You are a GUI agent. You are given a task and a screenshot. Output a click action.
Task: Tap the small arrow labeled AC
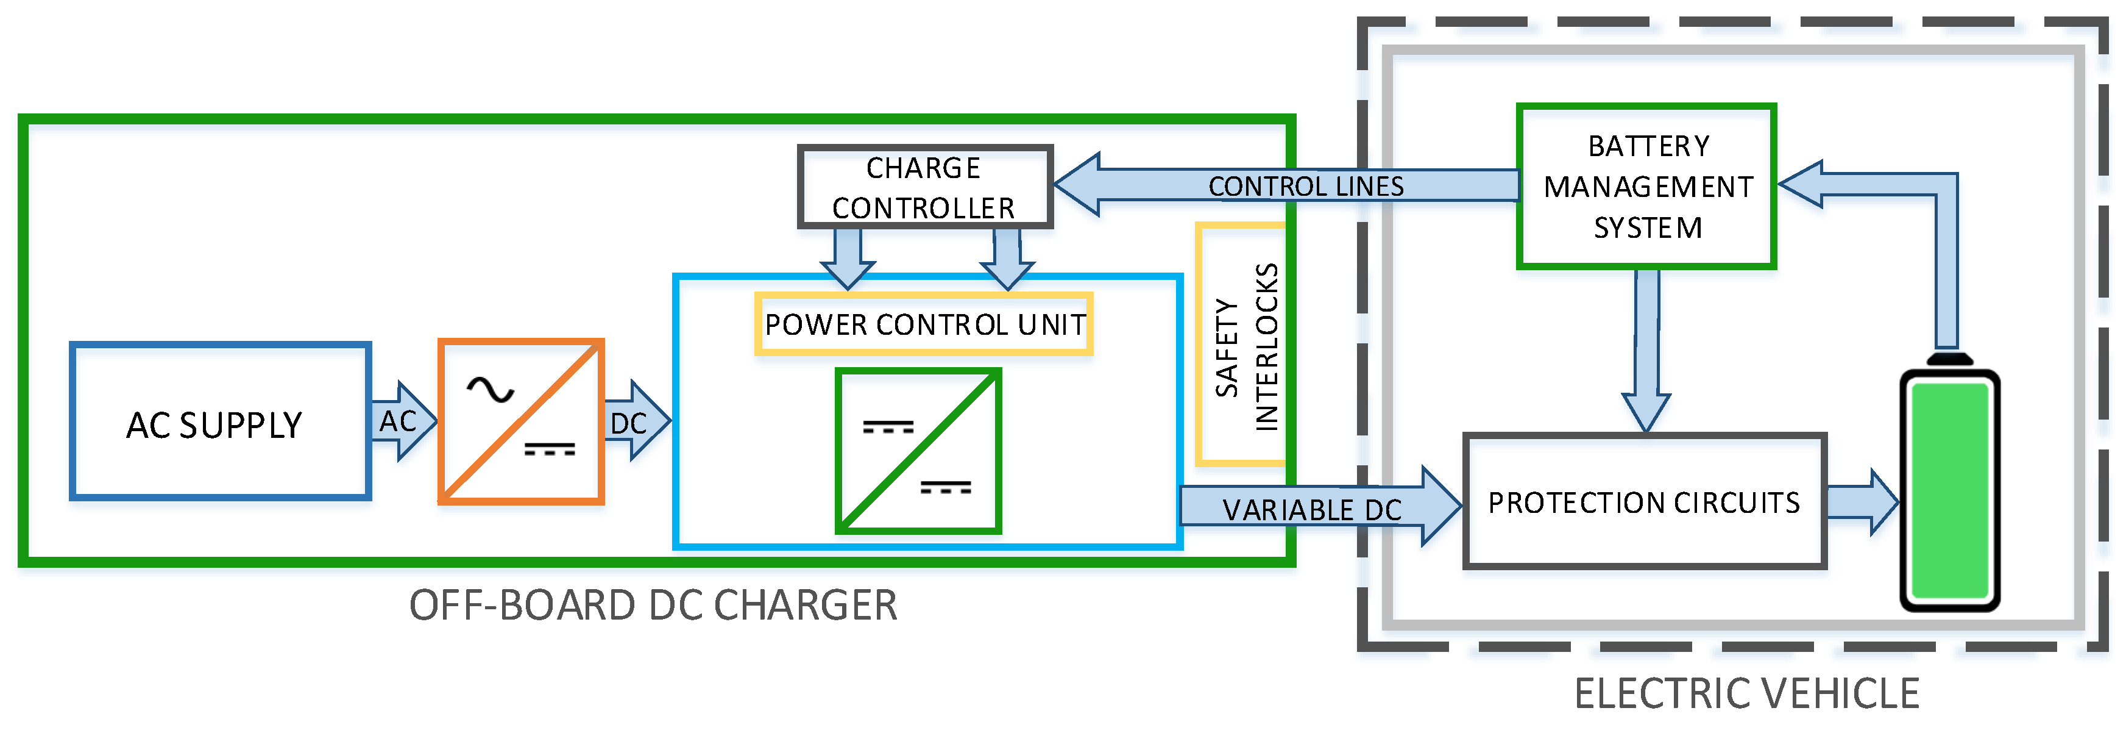[x=400, y=421]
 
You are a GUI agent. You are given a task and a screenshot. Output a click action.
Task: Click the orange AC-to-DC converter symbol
[x=521, y=421]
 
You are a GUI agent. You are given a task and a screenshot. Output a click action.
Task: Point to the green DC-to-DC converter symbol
[x=918, y=451]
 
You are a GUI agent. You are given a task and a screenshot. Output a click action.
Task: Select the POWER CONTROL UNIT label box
[x=924, y=324]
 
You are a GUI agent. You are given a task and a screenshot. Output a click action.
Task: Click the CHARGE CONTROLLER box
[x=924, y=187]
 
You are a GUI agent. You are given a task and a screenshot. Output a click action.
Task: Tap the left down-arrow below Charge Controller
[x=848, y=257]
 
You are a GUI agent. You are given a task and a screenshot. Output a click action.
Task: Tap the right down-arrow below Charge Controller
[x=1007, y=257]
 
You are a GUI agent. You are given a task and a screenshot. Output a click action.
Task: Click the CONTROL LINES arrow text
[x=1306, y=186]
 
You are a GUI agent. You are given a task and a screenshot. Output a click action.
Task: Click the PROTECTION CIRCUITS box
[x=1644, y=501]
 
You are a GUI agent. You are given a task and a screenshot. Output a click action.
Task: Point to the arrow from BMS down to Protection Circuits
[x=1646, y=347]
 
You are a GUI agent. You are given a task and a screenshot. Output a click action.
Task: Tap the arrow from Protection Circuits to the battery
[x=1862, y=501]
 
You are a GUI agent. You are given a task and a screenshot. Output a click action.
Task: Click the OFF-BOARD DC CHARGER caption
[x=653, y=606]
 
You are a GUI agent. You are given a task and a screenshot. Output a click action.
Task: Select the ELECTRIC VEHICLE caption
[x=1746, y=693]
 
